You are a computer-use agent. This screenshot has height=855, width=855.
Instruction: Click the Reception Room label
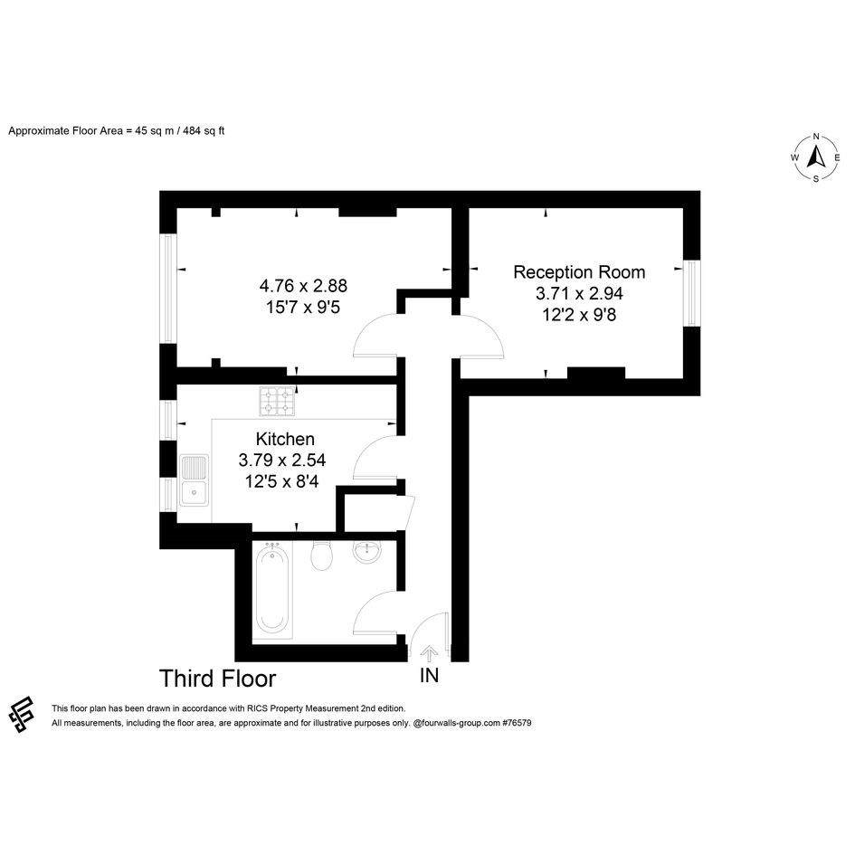579,272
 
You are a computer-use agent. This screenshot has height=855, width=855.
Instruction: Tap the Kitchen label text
285,439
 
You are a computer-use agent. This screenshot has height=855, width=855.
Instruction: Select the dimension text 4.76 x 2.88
303,286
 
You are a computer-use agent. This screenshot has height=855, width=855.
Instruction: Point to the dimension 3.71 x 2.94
579,293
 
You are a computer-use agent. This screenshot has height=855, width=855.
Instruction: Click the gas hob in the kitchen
277,402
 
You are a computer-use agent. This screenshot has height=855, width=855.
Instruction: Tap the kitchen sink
194,480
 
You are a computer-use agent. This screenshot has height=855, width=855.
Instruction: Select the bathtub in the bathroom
272,589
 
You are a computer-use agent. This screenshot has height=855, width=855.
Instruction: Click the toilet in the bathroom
322,556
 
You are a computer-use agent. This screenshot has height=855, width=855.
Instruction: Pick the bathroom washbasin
367,551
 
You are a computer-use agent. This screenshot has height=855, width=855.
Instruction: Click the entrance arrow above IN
429,653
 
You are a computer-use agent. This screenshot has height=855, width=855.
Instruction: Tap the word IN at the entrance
429,676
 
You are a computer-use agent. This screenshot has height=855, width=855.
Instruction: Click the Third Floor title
217,679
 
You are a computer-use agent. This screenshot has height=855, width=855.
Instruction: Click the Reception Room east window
691,293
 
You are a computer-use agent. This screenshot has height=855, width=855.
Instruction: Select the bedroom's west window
168,289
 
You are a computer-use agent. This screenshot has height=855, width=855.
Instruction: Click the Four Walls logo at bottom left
22,715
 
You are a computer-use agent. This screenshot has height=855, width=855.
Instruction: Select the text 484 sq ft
204,131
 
